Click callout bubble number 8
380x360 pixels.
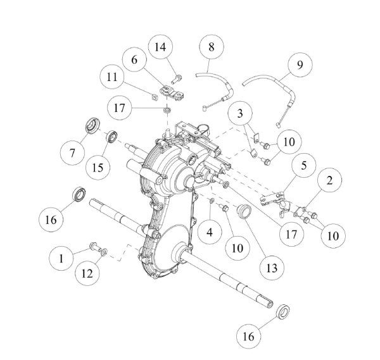(212, 47)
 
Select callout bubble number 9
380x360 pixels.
(300, 65)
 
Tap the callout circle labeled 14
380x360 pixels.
(160, 47)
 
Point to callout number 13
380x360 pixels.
(272, 268)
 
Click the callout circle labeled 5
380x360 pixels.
(303, 165)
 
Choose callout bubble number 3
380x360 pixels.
(240, 113)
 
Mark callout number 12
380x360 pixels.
(87, 273)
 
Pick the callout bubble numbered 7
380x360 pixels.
(72, 153)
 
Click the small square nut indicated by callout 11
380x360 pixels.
(154, 97)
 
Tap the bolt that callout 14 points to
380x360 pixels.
(177, 78)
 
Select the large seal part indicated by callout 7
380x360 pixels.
(92, 125)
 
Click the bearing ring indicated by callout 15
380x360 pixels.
(111, 137)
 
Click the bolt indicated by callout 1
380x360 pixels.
(96, 247)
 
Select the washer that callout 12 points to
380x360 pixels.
(104, 252)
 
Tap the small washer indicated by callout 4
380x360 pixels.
(212, 200)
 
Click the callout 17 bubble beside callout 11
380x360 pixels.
(119, 108)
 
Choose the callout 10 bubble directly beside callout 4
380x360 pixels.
(237, 248)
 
